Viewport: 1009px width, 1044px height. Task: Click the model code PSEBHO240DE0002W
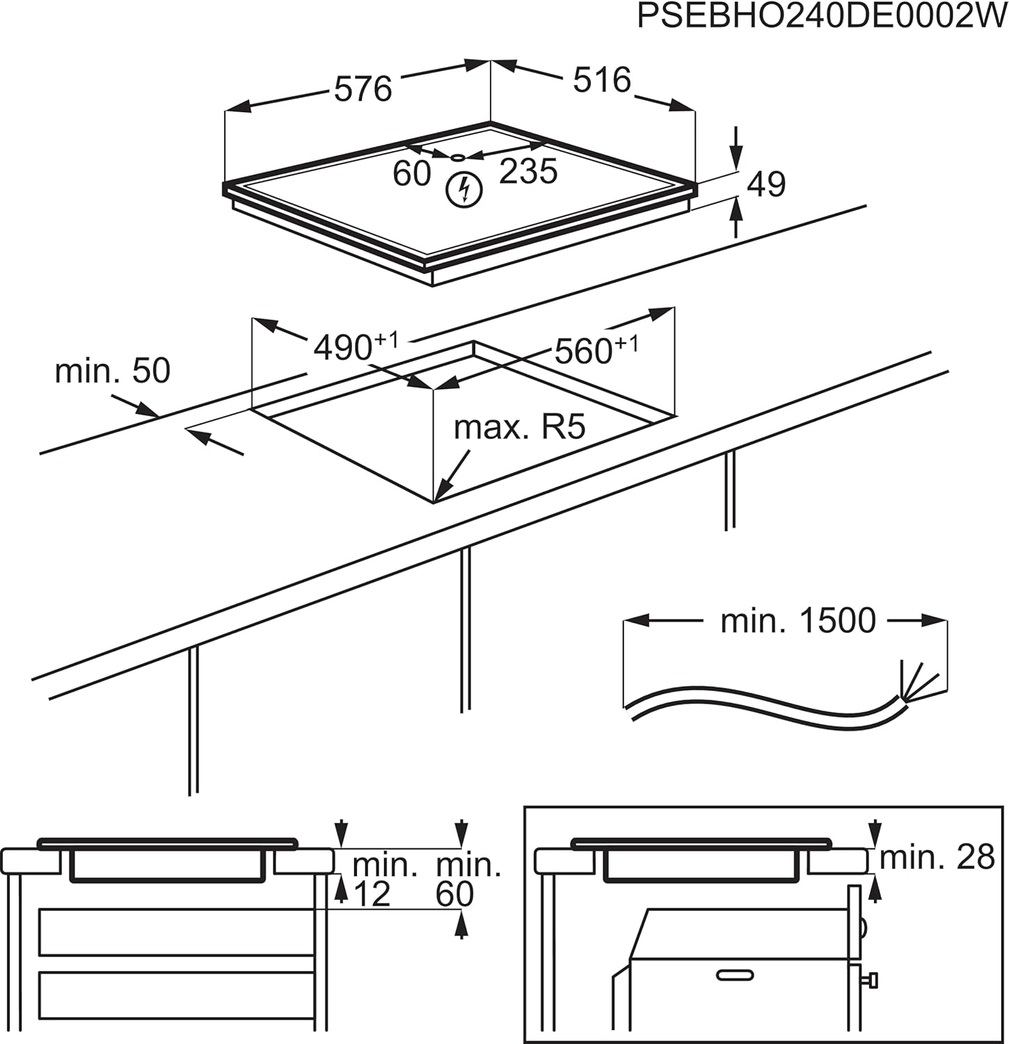822,17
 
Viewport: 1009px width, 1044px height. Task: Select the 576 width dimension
363,89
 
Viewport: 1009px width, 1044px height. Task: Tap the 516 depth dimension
602,80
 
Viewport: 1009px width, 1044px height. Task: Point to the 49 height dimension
766,184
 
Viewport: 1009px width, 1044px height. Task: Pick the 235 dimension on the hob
528,171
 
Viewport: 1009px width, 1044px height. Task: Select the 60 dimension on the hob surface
412,173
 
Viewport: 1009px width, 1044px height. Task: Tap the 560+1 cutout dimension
596,350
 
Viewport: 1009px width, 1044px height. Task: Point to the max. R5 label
519,427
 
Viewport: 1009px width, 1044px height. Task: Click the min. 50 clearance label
113,371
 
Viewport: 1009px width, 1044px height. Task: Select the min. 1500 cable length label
797,620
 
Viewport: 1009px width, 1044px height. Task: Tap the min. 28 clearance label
937,857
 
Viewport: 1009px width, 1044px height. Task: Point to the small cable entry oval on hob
457,157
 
